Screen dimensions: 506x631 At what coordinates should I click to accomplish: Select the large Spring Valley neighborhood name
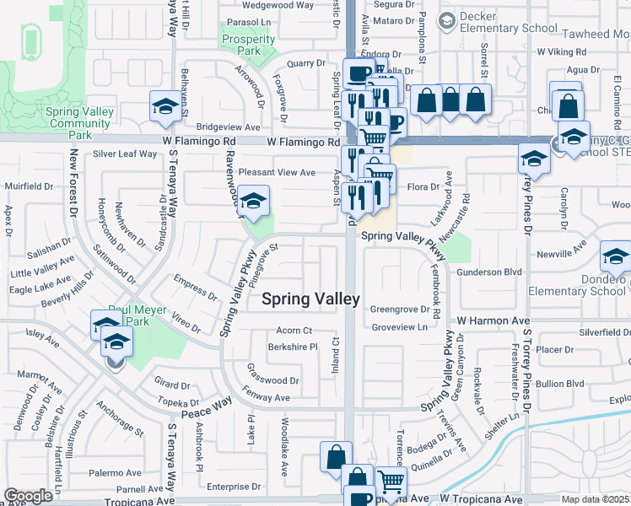(310, 299)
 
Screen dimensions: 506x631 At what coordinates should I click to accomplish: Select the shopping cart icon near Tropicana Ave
(391, 482)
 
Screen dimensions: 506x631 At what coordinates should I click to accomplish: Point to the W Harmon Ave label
(493, 321)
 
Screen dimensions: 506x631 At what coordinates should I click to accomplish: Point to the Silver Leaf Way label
(125, 154)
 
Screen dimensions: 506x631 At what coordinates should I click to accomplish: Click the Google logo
(28, 496)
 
